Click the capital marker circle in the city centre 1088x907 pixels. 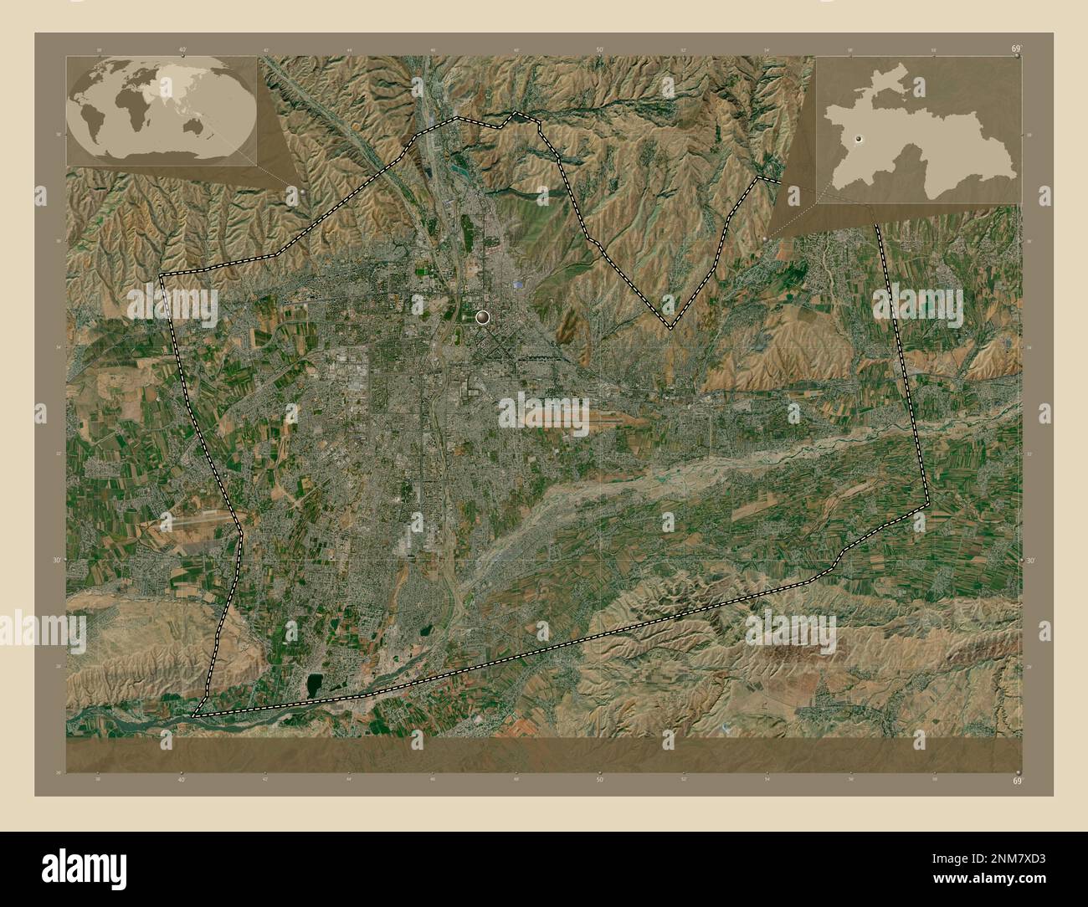pos(481,317)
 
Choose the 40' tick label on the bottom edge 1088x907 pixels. pos(182,780)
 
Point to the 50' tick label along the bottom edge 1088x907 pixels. pos(599,780)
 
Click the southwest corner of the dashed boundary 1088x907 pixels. pos(194,716)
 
